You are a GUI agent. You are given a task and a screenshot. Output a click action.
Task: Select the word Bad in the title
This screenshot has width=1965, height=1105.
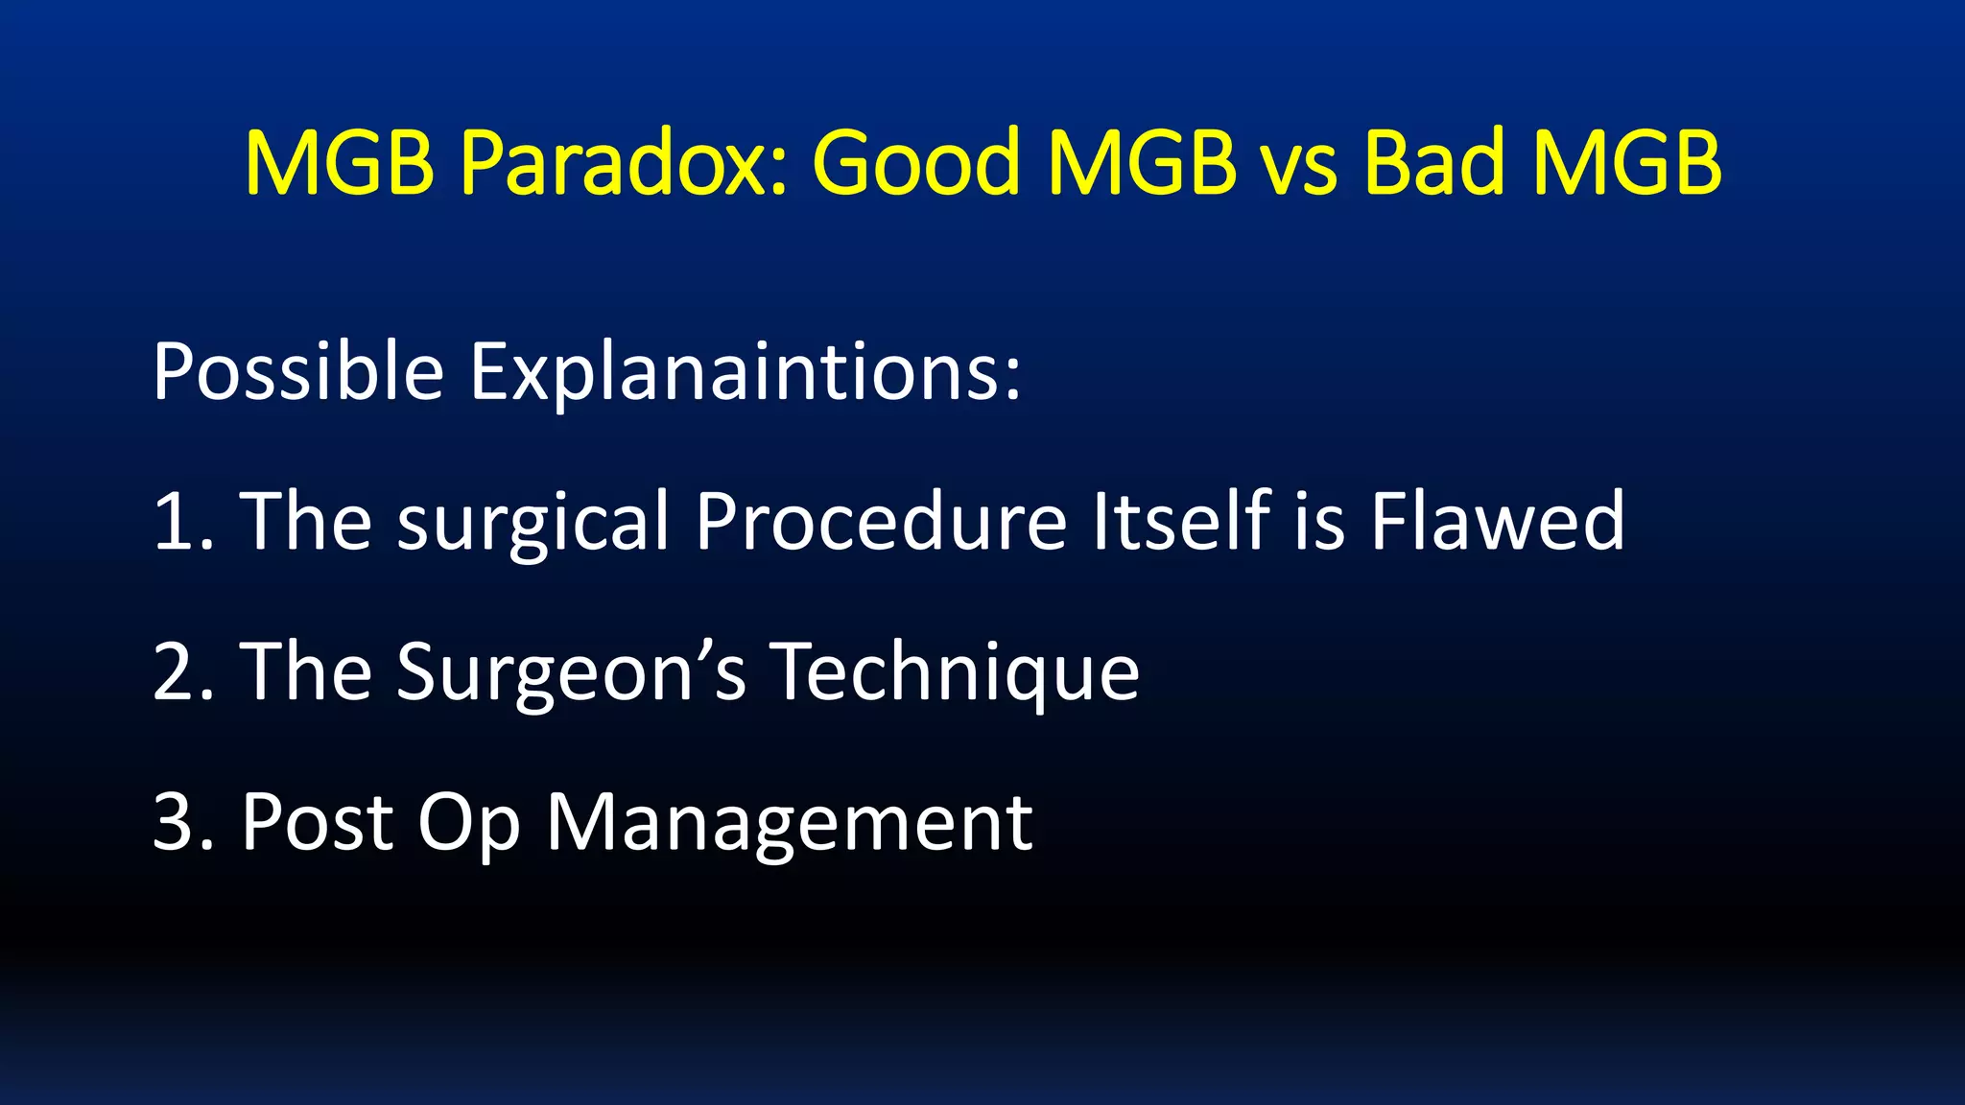(x=1433, y=163)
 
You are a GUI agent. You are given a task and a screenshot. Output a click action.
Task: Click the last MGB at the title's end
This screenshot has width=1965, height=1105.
(x=1627, y=163)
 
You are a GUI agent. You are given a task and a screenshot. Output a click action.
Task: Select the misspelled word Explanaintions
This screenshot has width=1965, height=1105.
(x=746, y=372)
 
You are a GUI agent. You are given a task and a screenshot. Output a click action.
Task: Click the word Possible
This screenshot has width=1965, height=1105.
(x=298, y=372)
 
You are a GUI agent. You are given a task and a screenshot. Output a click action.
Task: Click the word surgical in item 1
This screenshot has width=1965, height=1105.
(x=533, y=523)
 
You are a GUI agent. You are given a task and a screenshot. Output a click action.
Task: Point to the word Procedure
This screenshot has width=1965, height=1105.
(x=881, y=523)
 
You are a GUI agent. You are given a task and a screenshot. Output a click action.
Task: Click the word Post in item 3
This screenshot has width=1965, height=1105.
(x=318, y=822)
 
